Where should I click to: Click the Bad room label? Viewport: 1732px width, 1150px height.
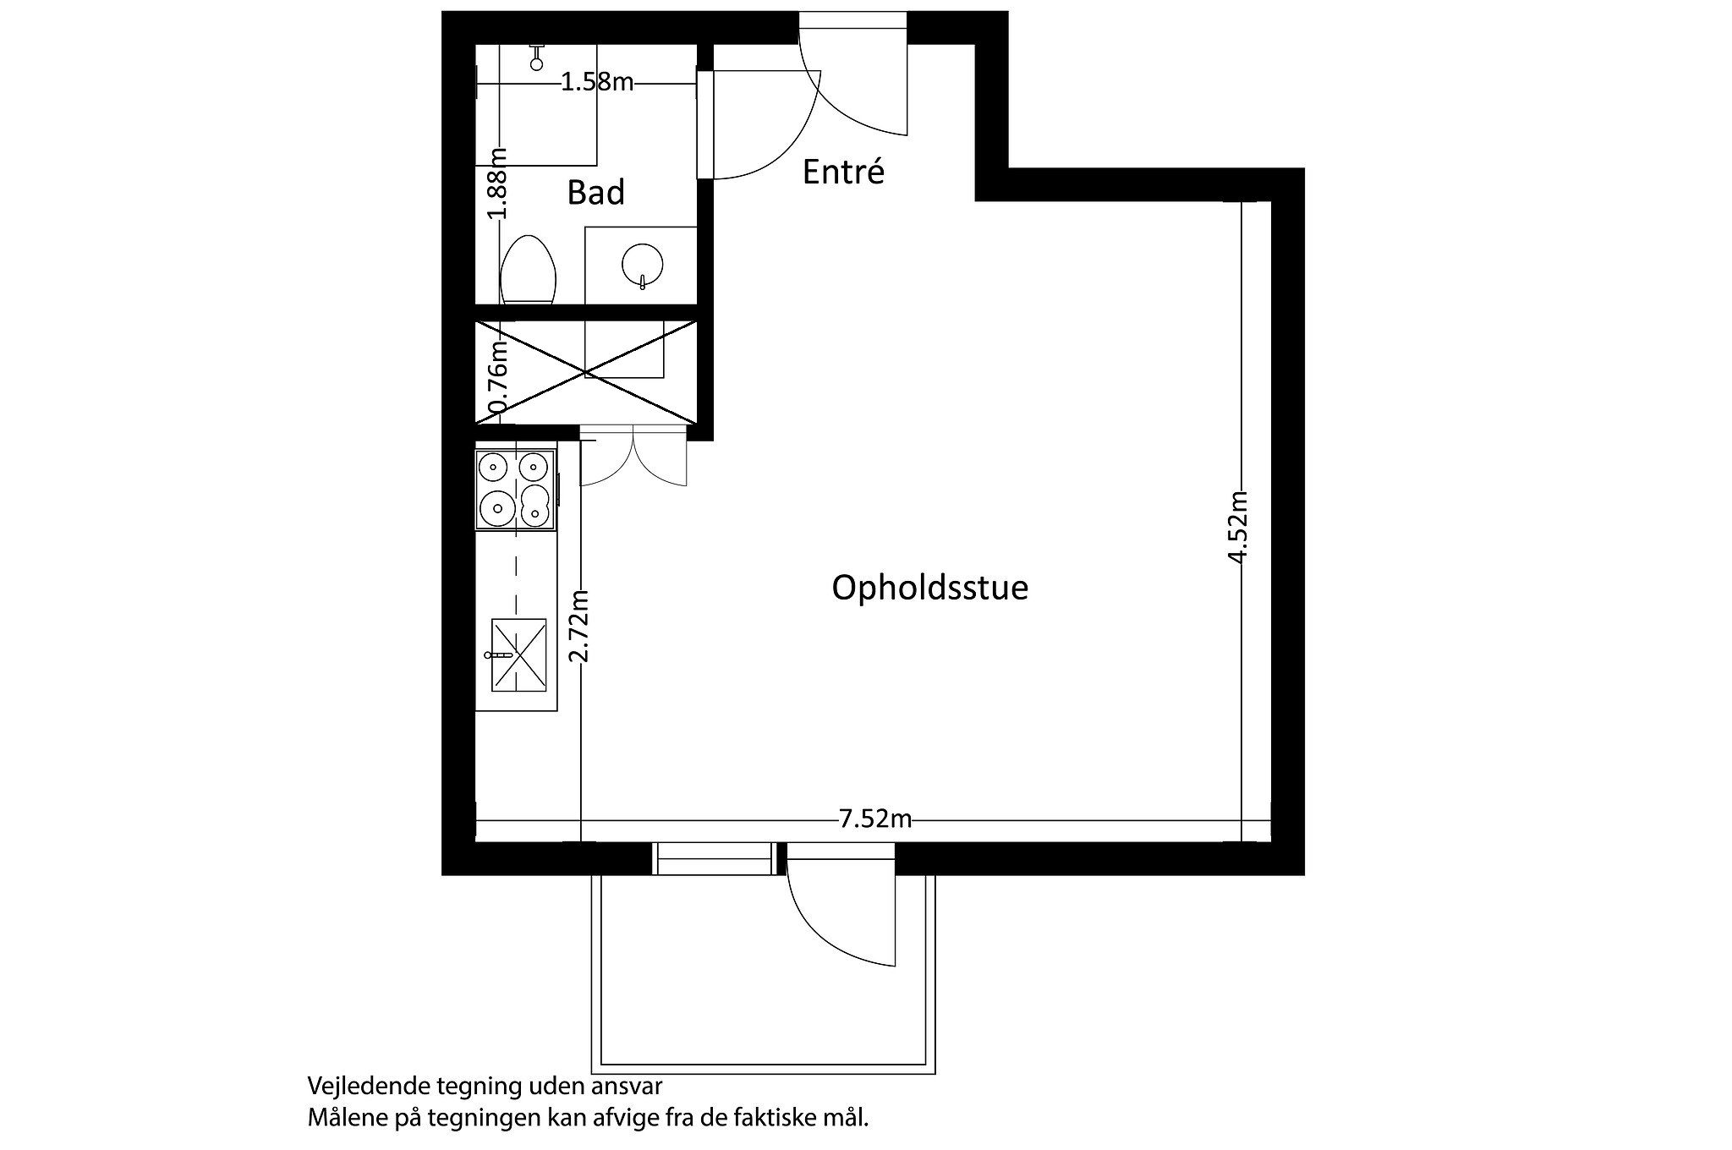595,193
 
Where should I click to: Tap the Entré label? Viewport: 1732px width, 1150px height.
842,172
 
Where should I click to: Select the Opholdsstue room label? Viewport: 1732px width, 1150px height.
929,588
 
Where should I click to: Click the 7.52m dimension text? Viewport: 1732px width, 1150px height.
874,819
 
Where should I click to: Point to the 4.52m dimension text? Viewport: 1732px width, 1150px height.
1239,526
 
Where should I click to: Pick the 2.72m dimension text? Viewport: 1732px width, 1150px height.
579,626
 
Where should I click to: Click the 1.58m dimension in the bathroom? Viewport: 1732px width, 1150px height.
597,82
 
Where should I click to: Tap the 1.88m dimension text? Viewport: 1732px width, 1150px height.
499,183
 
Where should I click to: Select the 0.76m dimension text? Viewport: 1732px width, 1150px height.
499,375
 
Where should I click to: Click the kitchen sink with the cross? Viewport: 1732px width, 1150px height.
518,655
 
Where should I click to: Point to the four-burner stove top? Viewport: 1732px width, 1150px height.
515,490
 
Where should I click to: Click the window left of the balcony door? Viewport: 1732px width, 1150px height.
715,858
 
